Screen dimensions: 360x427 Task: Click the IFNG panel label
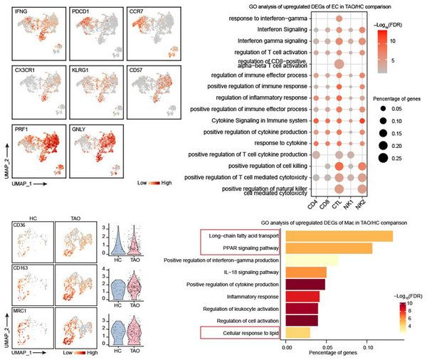13,8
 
